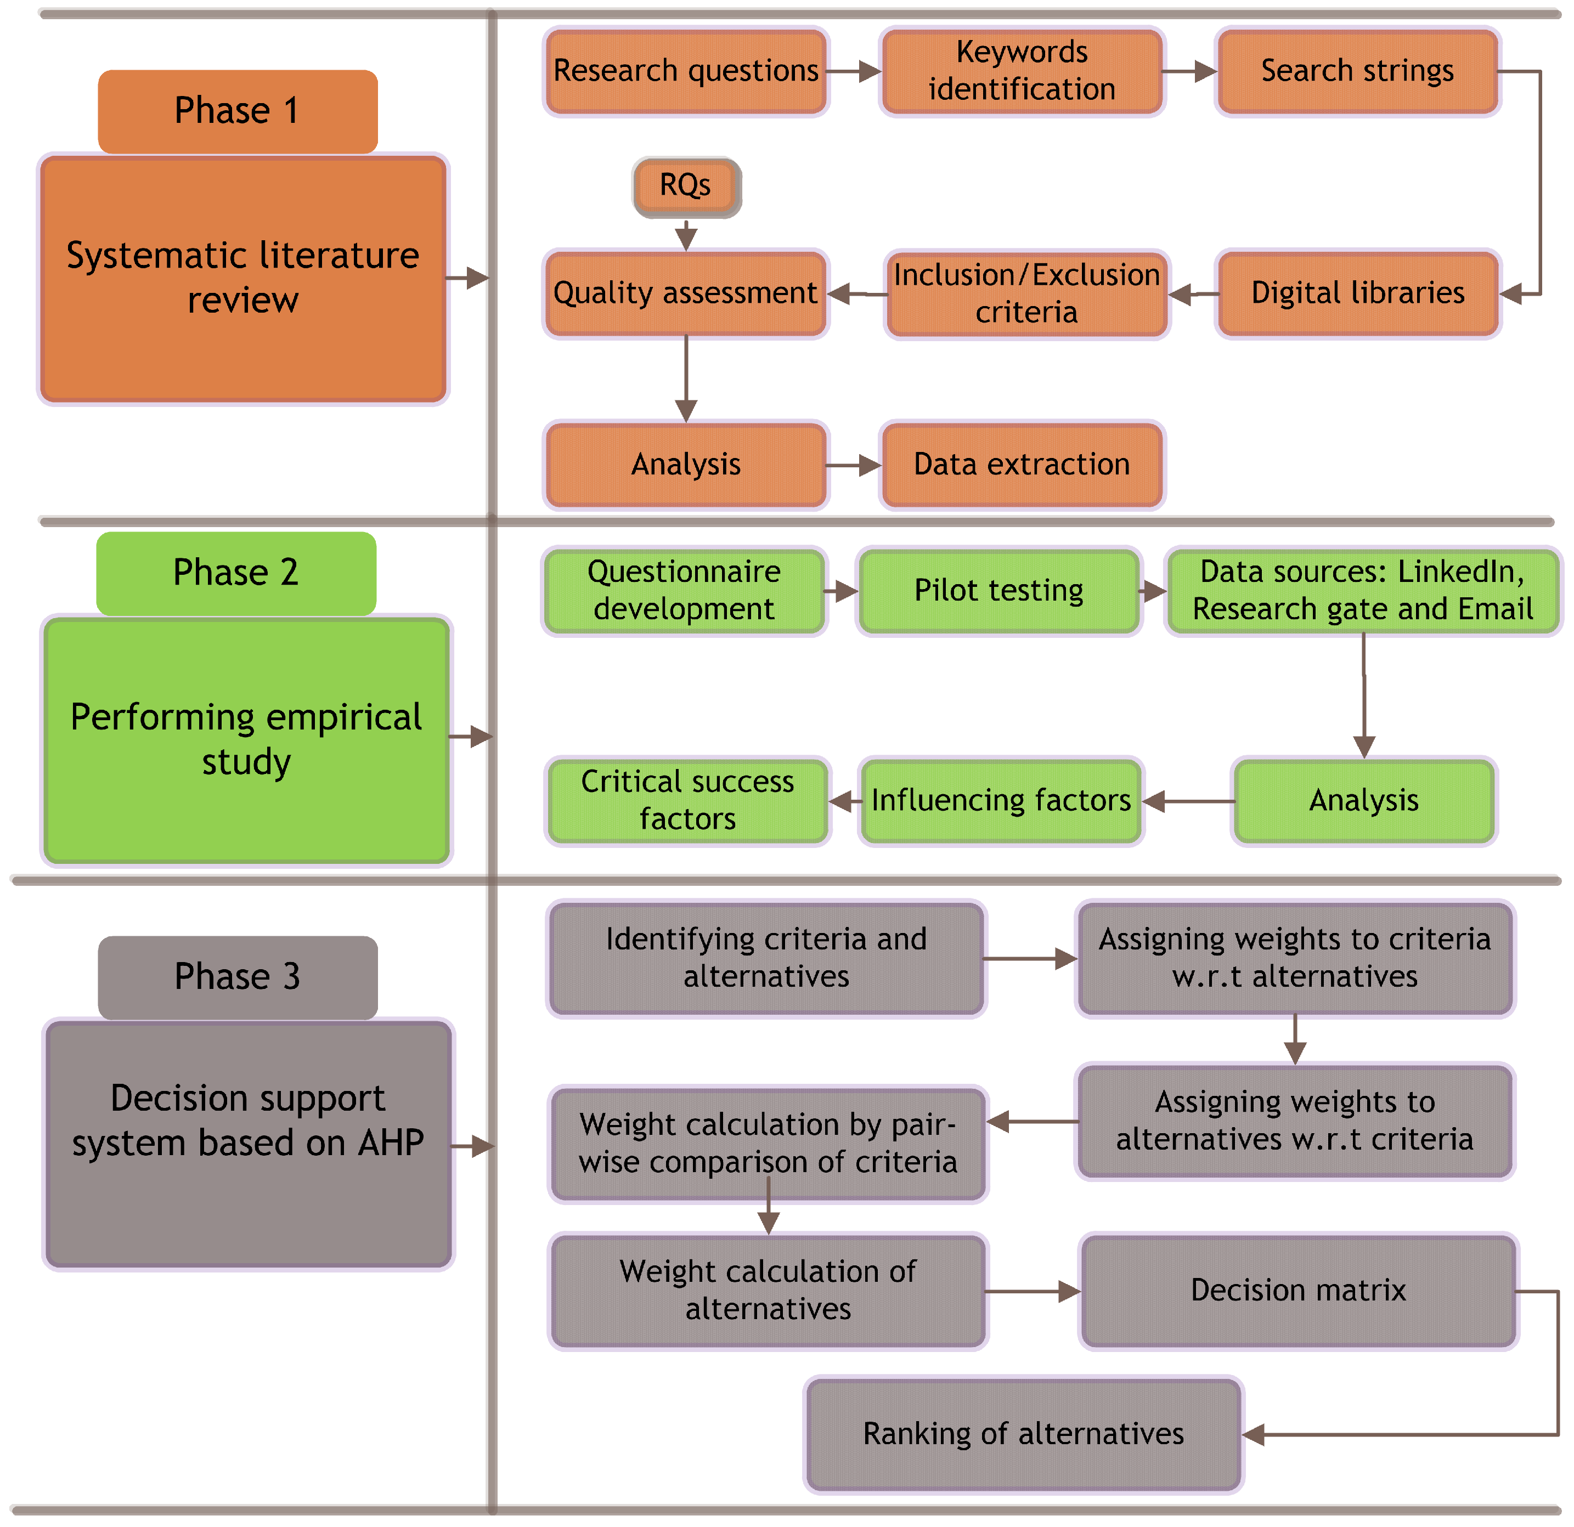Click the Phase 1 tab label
(238, 111)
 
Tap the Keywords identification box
(1022, 71)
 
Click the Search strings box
(1357, 71)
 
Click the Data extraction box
(1022, 465)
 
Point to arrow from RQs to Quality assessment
(686, 234)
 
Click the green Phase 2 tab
(236, 573)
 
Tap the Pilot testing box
(999, 591)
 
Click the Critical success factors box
(687, 800)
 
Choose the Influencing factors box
(1001, 800)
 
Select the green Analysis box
(1363, 800)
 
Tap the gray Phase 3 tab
(238, 977)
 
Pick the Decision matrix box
(1297, 1290)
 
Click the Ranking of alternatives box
(1023, 1434)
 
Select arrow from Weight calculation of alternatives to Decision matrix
(1033, 1291)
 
